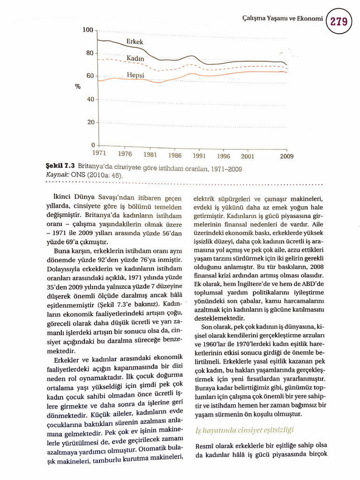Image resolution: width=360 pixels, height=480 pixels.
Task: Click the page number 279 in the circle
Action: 342,21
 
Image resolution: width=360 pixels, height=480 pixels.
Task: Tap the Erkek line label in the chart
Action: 135,42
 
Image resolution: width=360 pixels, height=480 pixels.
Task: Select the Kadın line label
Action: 135,58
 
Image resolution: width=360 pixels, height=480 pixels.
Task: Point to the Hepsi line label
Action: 135,75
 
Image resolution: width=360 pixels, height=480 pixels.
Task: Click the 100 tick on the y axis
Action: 88,30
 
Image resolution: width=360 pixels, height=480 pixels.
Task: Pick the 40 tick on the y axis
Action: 90,99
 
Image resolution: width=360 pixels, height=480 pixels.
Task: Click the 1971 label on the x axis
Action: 98,153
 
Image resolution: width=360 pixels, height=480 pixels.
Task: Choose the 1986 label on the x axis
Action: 175,155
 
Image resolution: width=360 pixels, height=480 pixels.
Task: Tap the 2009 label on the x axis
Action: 287,157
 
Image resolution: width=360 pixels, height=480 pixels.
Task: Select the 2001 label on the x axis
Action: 247,157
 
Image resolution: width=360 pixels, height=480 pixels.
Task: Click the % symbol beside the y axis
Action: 77,87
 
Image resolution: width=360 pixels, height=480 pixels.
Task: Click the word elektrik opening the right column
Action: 204,199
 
